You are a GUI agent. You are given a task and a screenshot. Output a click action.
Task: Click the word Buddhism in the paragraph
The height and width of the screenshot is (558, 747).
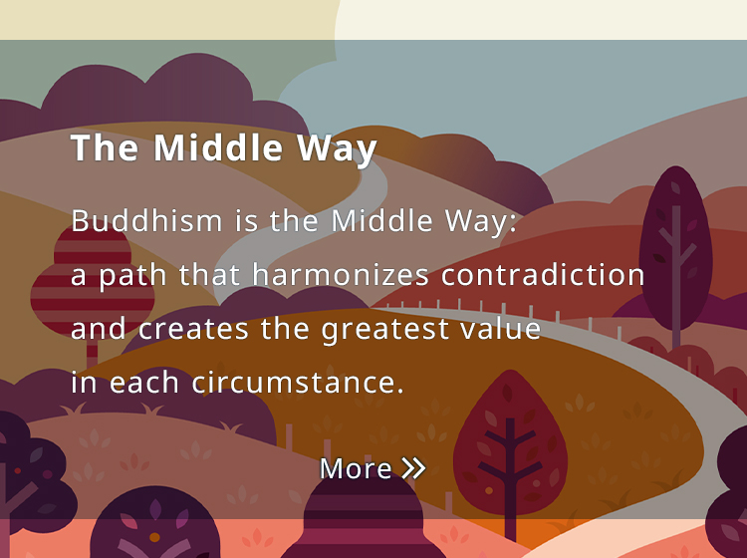pos(146,220)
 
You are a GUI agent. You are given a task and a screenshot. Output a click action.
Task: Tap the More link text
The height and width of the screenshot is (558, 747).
pos(356,468)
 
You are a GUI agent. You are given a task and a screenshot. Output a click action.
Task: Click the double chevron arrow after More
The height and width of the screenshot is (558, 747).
pos(413,468)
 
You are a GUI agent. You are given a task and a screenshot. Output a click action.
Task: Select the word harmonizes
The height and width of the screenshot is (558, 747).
pos(341,274)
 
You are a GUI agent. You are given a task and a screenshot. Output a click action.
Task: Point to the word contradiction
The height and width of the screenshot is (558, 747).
pos(543,274)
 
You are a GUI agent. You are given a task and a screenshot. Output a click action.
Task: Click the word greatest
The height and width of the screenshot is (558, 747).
pos(384,330)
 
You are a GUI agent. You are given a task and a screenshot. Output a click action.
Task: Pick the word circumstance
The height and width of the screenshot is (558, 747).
pos(298,383)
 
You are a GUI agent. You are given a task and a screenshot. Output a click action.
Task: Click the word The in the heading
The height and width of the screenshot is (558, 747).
pos(105,147)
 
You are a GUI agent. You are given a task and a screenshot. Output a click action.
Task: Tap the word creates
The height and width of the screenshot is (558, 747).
pos(193,329)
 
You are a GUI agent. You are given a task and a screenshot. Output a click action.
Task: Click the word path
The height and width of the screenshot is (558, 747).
pos(132,276)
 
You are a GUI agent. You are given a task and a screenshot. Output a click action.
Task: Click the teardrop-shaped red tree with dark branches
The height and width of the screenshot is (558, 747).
pos(510,443)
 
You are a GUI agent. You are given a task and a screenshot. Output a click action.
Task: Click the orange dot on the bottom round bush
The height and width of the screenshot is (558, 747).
pos(154,537)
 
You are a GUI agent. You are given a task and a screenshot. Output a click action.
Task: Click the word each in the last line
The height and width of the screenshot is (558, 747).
pos(143,383)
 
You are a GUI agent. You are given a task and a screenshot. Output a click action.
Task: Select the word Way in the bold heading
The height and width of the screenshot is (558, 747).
pos(338,149)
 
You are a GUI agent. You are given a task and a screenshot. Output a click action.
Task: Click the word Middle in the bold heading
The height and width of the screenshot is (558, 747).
pos(218,147)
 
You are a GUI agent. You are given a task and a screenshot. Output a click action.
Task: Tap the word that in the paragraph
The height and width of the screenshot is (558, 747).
pos(209,274)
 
